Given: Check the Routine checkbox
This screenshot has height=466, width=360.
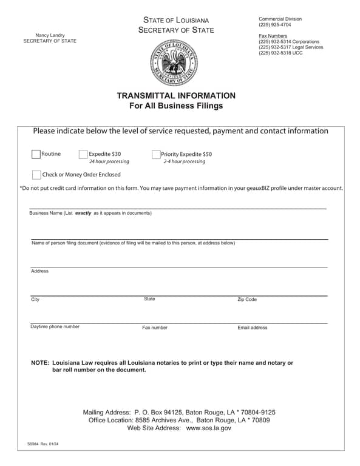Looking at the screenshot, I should [x=36, y=154].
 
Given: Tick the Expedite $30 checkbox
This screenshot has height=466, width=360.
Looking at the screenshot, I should [x=83, y=154].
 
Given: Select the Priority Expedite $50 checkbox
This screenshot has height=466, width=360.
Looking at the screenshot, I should [x=156, y=155].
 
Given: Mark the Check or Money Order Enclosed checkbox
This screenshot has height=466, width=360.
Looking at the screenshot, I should [x=36, y=175].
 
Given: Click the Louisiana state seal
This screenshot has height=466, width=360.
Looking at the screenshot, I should [x=174, y=62].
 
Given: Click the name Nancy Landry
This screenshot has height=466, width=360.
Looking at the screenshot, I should [x=50, y=35].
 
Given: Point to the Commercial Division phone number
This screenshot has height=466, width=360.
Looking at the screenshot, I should [x=274, y=25].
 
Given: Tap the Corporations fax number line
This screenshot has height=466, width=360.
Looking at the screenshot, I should [x=289, y=41].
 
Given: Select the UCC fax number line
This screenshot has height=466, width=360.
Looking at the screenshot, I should [x=280, y=53].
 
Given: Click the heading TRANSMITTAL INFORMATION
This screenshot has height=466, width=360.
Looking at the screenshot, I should [x=175, y=96].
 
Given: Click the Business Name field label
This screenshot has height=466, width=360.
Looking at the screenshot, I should [x=90, y=213].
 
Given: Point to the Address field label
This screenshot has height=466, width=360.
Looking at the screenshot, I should [x=39, y=271].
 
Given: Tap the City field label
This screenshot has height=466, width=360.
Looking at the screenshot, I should [x=35, y=300].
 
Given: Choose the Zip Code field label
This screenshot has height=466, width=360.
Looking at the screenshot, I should [x=246, y=300].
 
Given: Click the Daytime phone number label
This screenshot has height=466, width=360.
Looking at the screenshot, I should [x=55, y=326].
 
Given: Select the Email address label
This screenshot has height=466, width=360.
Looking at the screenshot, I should [x=252, y=328].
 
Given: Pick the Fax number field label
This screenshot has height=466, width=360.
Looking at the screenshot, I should [x=155, y=328].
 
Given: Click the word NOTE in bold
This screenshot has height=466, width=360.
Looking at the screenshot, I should [x=40, y=363].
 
